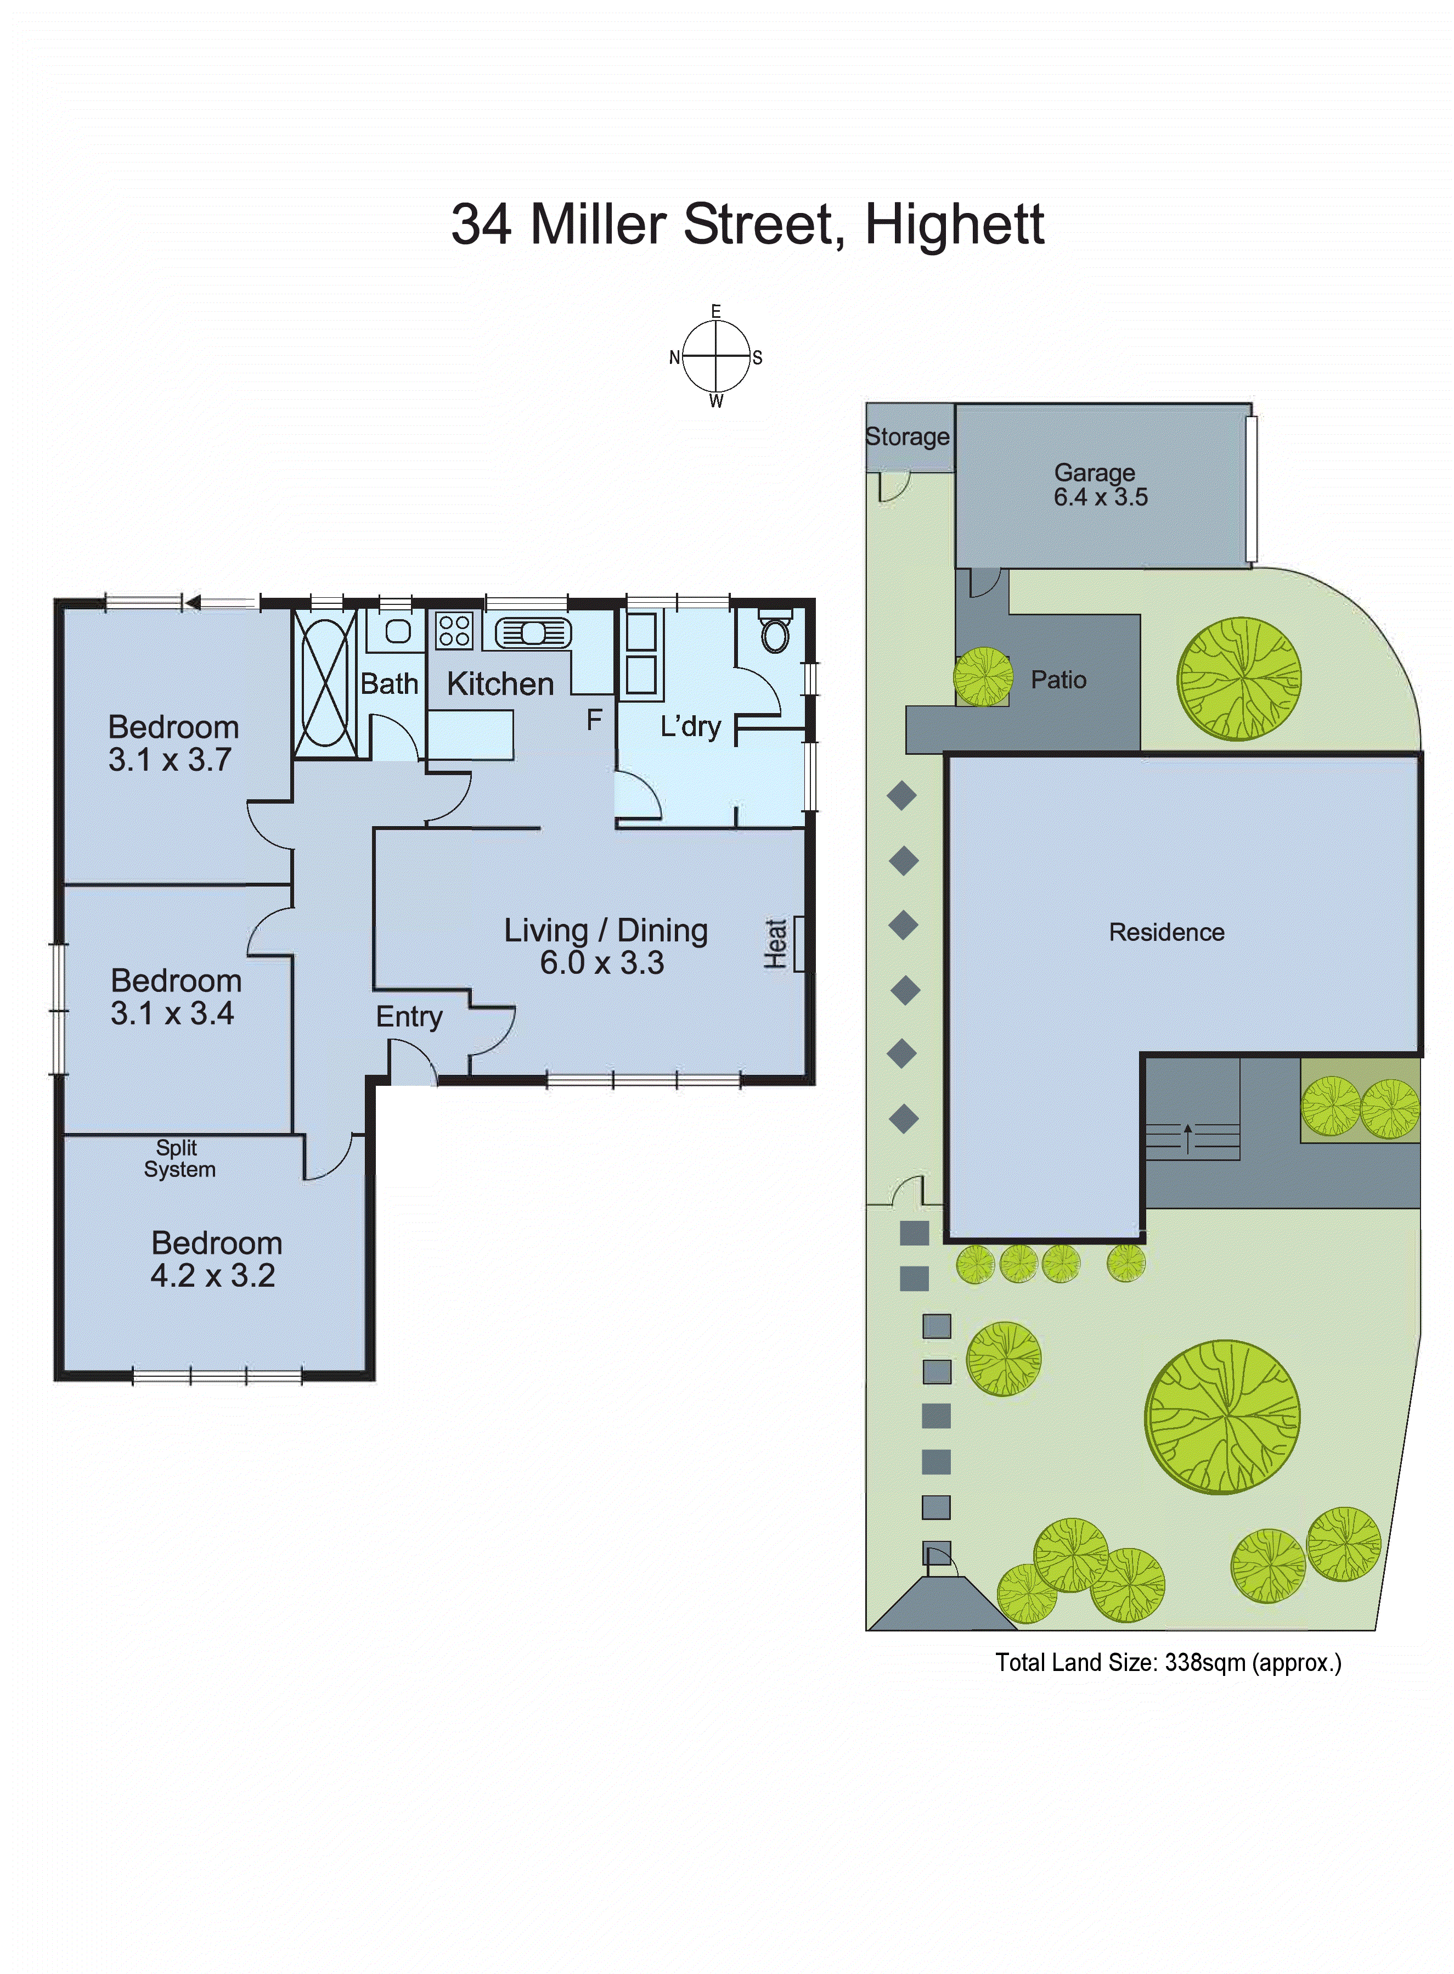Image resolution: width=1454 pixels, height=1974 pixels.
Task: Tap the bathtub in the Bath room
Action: point(325,682)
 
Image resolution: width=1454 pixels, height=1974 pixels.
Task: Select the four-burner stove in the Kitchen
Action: point(454,630)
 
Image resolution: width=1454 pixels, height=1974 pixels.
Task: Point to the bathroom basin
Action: point(398,630)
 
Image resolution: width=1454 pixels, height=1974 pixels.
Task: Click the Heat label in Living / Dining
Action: point(775,944)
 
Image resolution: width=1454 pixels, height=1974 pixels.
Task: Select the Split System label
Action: point(179,1159)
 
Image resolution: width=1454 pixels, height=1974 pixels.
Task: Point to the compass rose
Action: point(717,357)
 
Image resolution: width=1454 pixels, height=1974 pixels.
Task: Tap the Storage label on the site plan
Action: point(908,437)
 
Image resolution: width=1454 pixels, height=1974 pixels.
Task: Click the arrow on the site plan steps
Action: point(1187,1137)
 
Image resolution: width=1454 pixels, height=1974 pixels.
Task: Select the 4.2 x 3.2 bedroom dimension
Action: point(213,1276)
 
